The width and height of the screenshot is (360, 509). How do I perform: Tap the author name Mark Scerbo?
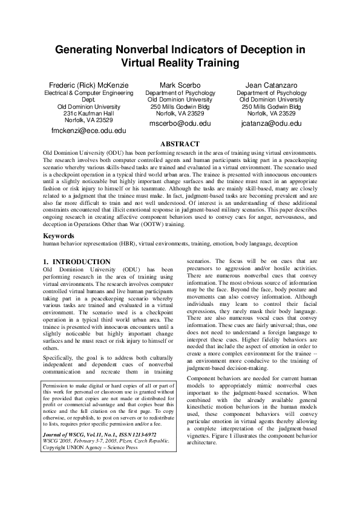pyautogui.click(x=180, y=85)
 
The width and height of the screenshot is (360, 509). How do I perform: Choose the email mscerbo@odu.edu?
pyautogui.click(x=180, y=123)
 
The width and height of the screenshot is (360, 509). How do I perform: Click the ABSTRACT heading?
pyautogui.click(x=180, y=144)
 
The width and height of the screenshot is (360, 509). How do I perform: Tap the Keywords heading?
pyautogui.click(x=59, y=235)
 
